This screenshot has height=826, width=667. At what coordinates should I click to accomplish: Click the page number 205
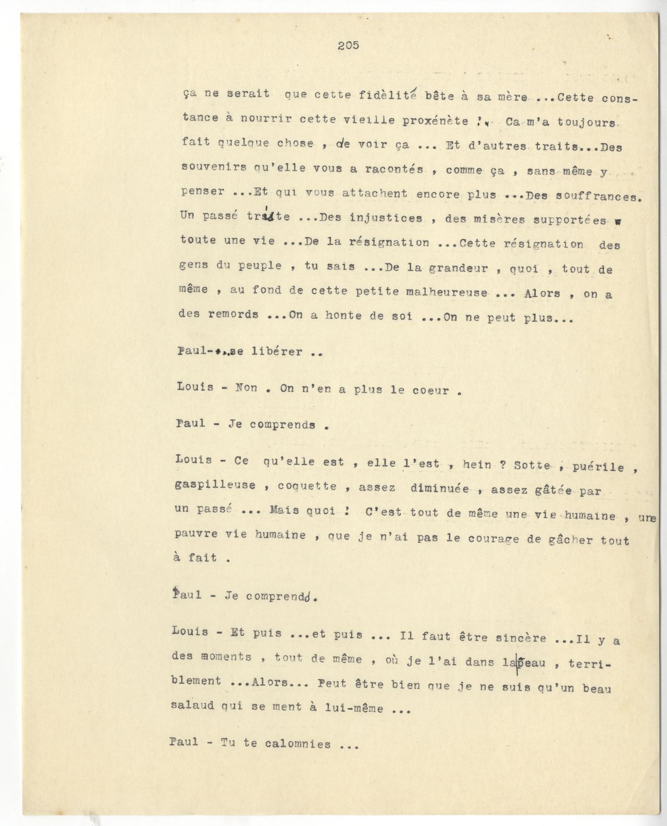point(348,45)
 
